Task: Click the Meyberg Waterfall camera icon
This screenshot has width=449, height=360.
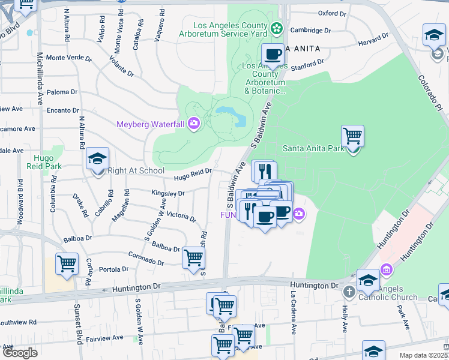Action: click(193, 124)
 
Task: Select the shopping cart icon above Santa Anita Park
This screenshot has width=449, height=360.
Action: click(352, 136)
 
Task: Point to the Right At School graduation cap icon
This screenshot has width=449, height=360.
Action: click(97, 159)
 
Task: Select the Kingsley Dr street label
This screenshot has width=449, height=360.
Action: click(167, 194)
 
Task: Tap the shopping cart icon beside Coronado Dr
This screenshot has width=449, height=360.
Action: click(193, 258)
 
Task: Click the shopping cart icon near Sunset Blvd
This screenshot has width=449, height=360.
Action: click(67, 263)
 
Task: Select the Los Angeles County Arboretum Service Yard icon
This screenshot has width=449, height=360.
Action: click(276, 28)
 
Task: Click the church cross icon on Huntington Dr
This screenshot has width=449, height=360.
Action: click(349, 292)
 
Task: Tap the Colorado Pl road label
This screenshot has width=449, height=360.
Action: click(430, 91)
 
